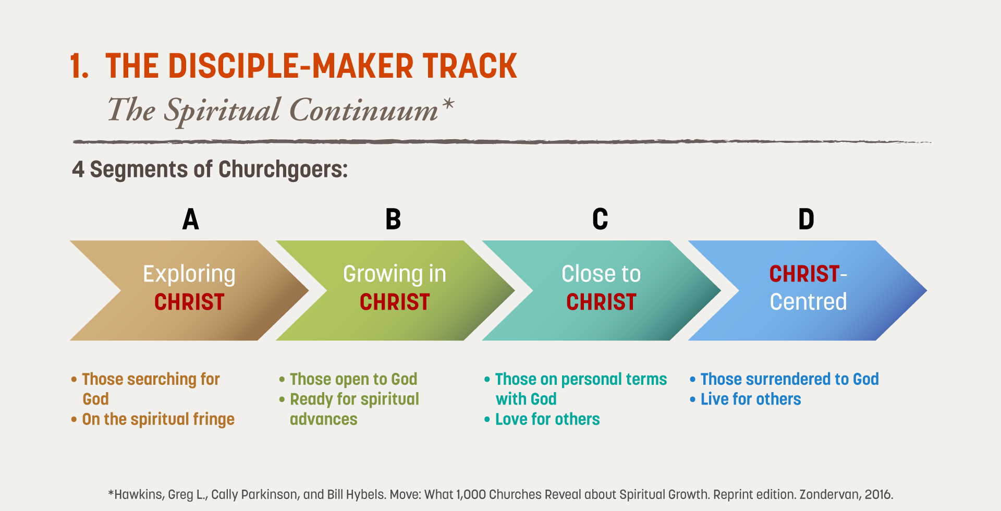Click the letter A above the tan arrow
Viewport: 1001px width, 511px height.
[191, 219]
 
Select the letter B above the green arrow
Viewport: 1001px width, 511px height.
[393, 219]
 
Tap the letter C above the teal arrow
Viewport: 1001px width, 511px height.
[600, 219]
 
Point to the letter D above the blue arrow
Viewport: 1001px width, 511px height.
[806, 219]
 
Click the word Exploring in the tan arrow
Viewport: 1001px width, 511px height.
[189, 275]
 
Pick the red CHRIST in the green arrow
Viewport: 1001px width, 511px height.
[395, 302]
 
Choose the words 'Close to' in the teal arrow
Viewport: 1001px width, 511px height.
[601, 274]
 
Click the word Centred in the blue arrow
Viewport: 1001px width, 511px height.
[808, 301]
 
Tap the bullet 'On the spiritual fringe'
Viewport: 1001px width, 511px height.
[153, 419]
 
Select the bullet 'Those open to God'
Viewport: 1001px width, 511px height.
[348, 379]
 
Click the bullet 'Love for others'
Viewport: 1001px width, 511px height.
[542, 419]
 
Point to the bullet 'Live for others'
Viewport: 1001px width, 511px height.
[746, 399]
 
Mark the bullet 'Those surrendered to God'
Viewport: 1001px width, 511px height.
[784, 379]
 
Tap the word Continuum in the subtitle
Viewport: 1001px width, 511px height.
[364, 110]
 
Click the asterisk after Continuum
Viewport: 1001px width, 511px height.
[448, 104]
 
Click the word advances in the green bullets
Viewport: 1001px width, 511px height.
[324, 419]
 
